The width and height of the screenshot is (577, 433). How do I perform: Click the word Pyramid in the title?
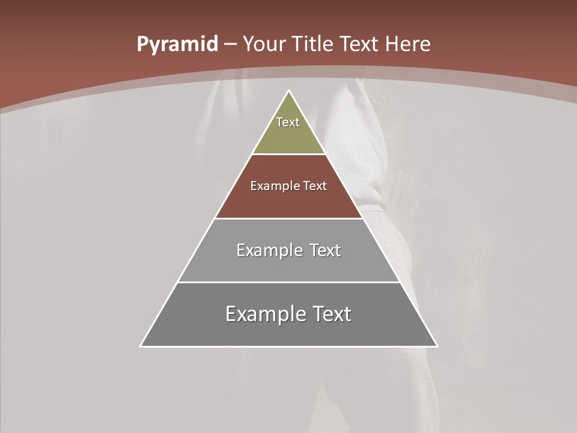(177, 45)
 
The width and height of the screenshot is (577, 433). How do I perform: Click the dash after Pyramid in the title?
(230, 45)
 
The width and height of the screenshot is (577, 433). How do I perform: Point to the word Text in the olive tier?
(288, 122)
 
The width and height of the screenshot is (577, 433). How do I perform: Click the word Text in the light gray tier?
(325, 250)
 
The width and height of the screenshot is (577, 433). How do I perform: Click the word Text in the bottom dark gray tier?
(332, 314)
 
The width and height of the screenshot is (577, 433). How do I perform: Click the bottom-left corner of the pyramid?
(141, 346)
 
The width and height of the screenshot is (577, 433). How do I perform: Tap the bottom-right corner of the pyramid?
(436, 346)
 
